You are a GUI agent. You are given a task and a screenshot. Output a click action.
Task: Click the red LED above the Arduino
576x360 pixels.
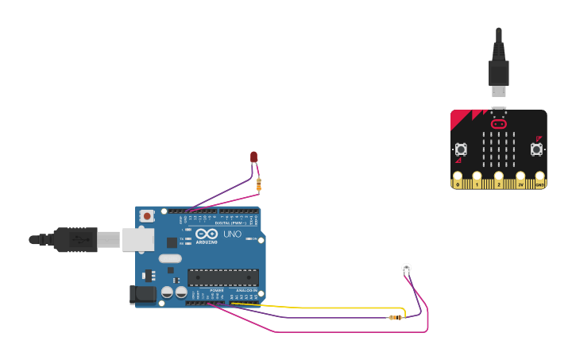[x=254, y=157]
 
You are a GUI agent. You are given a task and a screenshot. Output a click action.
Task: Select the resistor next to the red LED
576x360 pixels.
[x=259, y=184]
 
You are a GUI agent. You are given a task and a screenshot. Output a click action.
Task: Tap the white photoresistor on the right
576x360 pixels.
[x=407, y=269]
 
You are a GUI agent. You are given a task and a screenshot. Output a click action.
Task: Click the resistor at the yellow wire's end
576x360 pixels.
[x=394, y=318]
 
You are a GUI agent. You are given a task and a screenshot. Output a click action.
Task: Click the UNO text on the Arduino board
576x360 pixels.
[x=232, y=235]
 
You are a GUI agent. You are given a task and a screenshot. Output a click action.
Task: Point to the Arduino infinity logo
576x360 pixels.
[x=207, y=235]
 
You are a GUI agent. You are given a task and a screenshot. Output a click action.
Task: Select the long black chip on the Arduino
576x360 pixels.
[x=222, y=277]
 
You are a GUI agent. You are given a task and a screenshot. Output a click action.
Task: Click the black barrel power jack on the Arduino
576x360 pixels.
[x=143, y=294]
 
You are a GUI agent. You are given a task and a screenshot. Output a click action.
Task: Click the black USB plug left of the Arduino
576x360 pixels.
[x=75, y=239]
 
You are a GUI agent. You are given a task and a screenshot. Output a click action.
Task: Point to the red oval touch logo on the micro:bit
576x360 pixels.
[x=499, y=124]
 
